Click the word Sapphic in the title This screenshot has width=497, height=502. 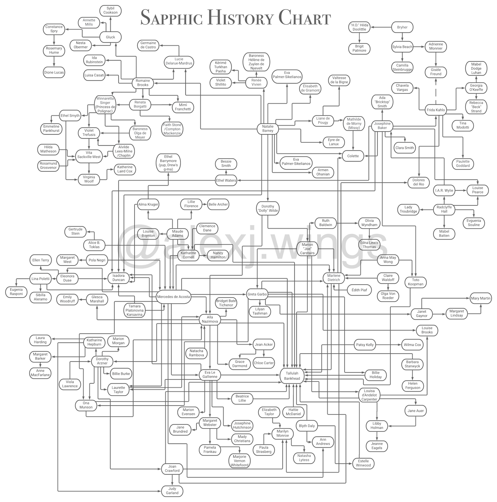171,18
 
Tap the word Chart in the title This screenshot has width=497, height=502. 304,18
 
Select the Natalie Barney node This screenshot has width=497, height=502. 268,129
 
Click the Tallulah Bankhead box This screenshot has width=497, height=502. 292,376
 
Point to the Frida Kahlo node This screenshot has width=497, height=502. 436,110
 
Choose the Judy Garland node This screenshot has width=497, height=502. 172,491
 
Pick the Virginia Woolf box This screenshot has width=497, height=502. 89,179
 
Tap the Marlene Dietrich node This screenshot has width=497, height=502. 334,278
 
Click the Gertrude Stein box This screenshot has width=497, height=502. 76,231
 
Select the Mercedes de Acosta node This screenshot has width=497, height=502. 173,297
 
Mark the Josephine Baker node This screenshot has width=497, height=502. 382,126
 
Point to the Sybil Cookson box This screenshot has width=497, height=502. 110,10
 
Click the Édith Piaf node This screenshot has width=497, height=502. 359,290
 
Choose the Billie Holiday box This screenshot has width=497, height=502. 375,375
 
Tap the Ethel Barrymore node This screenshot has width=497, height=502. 168,163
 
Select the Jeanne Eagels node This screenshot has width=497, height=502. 377,446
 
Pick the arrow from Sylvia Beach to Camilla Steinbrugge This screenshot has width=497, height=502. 402,56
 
